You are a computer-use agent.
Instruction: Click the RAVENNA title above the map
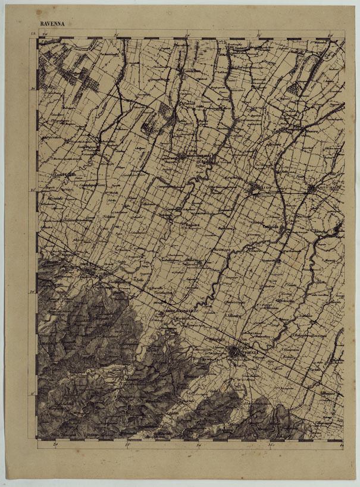pyautogui.click(x=52, y=24)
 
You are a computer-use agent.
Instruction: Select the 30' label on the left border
pyautogui.click(x=34, y=89)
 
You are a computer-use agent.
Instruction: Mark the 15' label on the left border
pyautogui.click(x=34, y=291)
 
